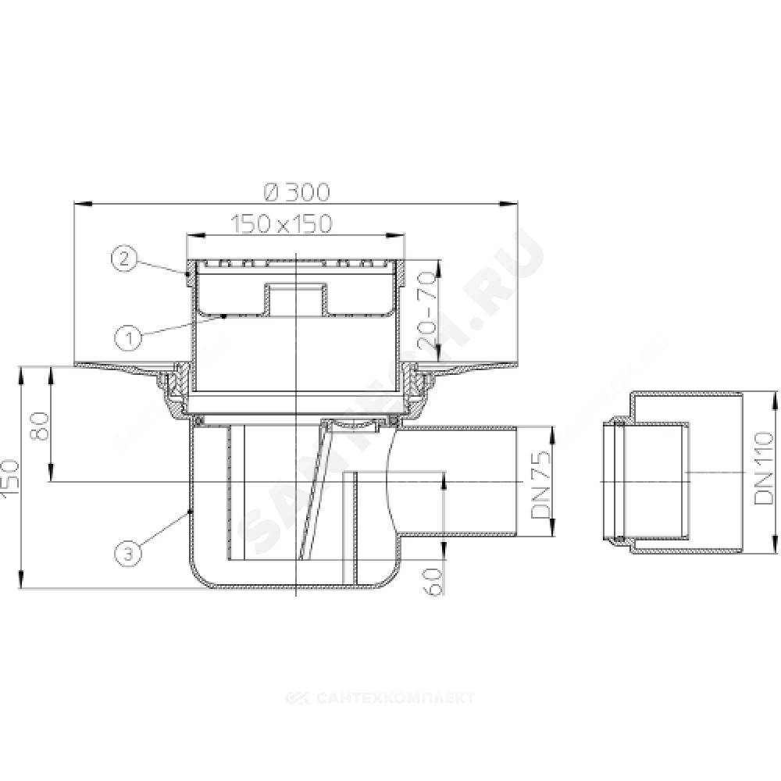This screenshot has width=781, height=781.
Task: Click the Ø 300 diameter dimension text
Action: (298, 192)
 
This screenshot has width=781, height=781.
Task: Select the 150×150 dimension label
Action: (281, 224)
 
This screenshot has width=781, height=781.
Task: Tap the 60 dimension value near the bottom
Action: (434, 581)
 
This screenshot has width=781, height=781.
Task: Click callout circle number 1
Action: (129, 339)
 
